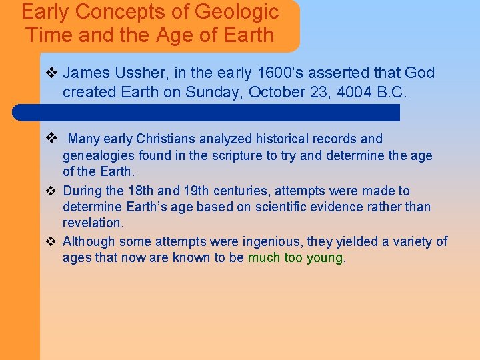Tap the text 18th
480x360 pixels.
pos(135,191)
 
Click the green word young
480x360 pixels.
pos(325,257)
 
